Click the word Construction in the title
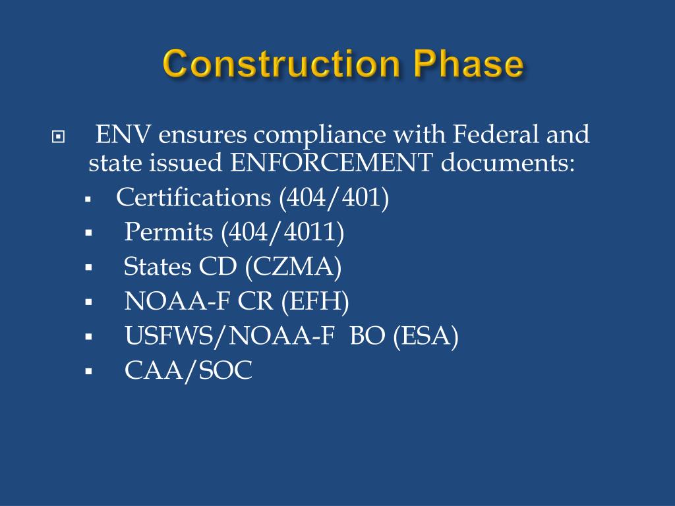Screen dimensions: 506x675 281,65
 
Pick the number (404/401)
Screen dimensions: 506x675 334,198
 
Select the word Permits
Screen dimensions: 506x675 169,232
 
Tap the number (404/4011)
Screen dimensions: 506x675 282,232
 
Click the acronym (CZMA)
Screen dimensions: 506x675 293,267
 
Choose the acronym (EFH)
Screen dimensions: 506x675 314,301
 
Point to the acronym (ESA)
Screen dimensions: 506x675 425,336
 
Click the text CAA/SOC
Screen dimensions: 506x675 189,370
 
